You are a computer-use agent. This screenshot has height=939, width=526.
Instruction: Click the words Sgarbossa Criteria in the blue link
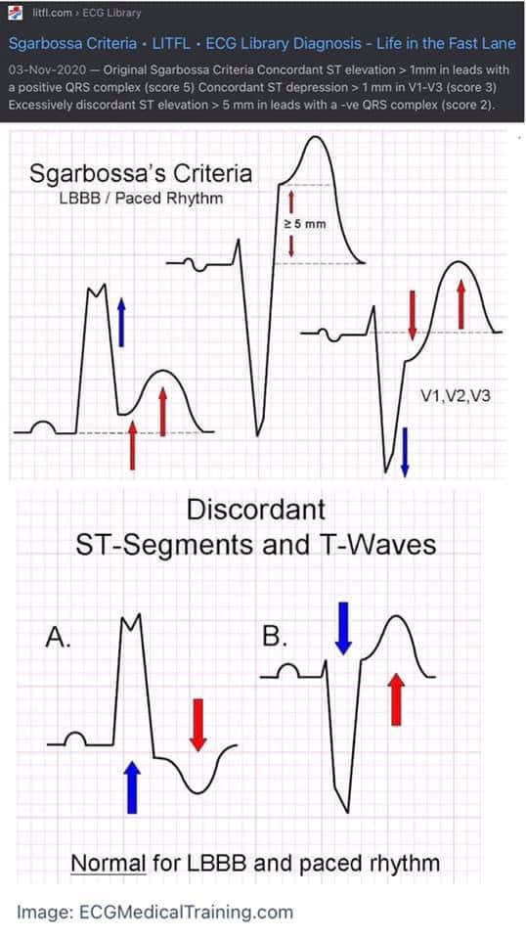pos(73,44)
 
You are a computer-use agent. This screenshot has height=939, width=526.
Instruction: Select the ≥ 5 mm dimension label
pos(304,225)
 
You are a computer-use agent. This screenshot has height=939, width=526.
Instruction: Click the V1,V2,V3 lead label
pos(456,395)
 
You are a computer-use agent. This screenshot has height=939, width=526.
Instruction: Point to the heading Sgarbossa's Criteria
pos(141,174)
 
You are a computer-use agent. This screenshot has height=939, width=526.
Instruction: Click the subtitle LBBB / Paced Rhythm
pos(141,199)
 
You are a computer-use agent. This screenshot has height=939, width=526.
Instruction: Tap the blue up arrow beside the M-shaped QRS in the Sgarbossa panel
pos(121,322)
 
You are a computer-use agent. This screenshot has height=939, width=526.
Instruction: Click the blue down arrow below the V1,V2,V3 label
pos(405,452)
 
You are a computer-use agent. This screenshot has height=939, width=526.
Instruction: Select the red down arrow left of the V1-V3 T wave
pos(412,315)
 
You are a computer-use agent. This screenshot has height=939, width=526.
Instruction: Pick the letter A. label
pos(58,639)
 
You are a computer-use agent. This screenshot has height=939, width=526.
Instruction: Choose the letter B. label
pos(275,638)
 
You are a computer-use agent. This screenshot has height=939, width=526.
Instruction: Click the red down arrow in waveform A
pos(198,725)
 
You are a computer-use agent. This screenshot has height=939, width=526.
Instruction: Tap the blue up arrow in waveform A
pos(132,787)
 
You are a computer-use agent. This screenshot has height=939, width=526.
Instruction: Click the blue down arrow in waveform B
pos(343,628)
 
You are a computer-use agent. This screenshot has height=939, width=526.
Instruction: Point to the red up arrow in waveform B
pos(396,699)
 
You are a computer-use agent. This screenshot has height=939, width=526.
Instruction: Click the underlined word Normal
pos(109,864)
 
